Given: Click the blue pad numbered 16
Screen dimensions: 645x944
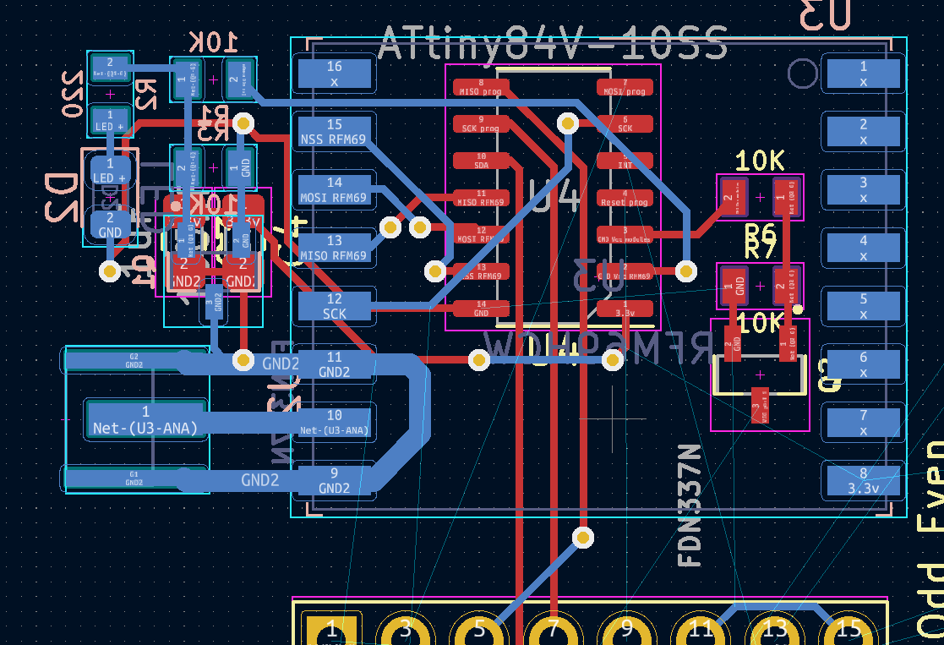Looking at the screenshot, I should pos(335,74).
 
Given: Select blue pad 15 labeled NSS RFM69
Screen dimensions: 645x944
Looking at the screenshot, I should pos(335,132).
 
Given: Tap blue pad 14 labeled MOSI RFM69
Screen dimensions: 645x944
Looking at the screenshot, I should pos(335,189).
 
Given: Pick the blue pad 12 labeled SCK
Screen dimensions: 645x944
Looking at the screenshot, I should pos(335,306).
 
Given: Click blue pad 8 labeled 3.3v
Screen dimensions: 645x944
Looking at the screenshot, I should pos(863,480).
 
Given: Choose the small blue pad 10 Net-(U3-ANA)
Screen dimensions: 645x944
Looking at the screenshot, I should pos(335,422).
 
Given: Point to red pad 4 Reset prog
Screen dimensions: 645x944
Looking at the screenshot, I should pos(625,198).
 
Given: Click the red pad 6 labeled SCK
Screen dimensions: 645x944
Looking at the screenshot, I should pos(625,124).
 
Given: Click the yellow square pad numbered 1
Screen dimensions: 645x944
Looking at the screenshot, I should pos(330,629).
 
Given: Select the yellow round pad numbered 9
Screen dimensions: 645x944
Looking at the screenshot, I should pos(626,629).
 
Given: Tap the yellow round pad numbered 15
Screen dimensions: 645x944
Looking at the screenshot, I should pos(849,629).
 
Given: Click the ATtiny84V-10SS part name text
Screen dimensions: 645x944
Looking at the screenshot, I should pos(553,44).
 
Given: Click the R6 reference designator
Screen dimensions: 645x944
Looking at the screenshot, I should pos(759,232).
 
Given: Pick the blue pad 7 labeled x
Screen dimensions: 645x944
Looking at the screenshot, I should pos(863,422).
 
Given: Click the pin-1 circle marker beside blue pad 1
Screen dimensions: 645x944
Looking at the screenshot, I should pos(802,74).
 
